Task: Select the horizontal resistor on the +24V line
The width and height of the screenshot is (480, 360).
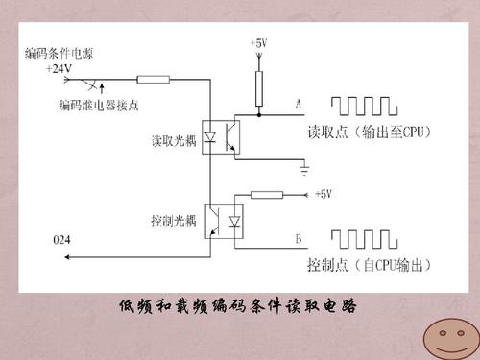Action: (154, 80)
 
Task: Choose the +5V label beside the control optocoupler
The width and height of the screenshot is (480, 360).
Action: (323, 193)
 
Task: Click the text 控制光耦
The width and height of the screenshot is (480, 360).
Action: (175, 220)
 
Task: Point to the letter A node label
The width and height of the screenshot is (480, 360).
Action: (299, 104)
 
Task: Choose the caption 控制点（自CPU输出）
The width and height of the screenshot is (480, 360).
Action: (368, 265)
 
